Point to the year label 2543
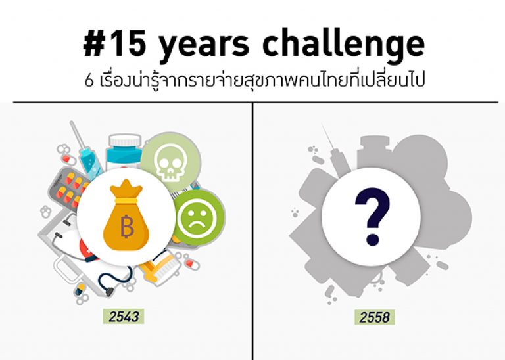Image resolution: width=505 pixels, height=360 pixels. click(x=125, y=317)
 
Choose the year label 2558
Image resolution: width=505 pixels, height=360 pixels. click(x=374, y=317)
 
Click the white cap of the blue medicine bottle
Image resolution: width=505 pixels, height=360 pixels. click(x=125, y=141)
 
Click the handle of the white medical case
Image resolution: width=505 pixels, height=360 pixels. click(x=66, y=270)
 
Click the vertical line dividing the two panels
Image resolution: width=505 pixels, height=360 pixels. click(x=252, y=230)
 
